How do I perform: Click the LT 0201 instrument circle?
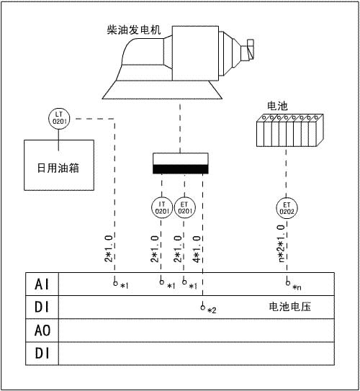59,118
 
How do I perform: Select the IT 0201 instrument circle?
162,207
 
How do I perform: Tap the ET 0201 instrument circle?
185,207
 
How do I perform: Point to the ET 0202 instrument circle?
287,208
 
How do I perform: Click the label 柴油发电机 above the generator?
134,30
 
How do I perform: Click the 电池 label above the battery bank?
277,106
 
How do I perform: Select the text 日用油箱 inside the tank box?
58,168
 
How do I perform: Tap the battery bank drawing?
290,130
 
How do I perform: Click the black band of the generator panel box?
181,169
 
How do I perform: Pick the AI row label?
42,284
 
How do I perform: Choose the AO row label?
42,331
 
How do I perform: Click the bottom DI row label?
42,354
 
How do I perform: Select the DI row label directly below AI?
42,307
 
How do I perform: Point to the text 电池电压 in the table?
290,307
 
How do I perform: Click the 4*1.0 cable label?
197,249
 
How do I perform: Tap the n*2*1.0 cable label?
281,243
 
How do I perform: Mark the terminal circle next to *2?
203,307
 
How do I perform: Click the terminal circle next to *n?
288,283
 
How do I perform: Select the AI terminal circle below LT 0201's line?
115,283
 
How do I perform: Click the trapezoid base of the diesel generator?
162,90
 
